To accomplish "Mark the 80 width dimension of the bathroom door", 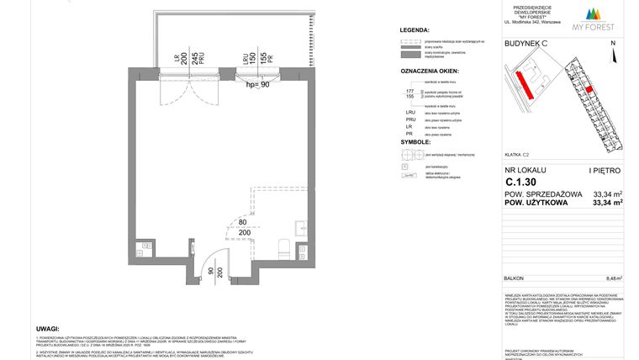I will tap(243, 223).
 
